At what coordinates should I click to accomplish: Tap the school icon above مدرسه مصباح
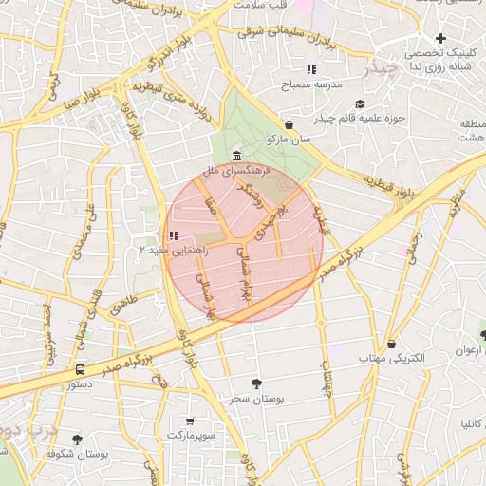pos(311,69)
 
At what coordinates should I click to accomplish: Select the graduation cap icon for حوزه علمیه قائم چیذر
pos(359,103)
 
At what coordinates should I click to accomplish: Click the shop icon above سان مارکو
pos(289,124)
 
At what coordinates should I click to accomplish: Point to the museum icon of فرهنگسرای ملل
pos(235,156)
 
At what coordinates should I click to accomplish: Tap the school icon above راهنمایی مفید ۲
pos(172,234)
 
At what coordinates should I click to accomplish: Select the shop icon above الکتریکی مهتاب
pos(392,344)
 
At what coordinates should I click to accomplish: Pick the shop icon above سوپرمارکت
pos(190,421)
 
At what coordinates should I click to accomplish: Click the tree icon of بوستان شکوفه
pos(77,439)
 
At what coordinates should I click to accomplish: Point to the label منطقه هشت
pos(471,131)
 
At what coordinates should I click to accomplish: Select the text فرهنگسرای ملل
pos(236,171)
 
